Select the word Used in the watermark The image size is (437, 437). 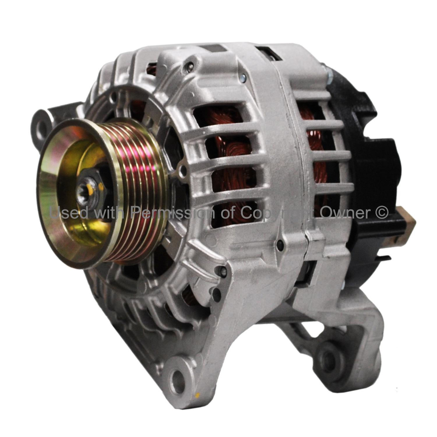69,213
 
